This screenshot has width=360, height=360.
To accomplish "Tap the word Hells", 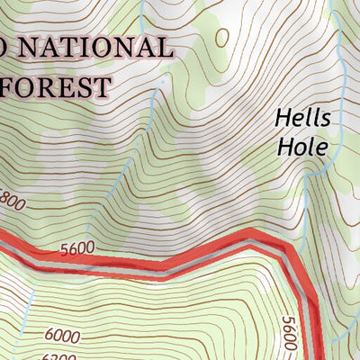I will tap(303, 118).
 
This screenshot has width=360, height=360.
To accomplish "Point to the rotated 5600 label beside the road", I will tap(288, 333).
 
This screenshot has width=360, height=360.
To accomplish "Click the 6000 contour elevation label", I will tap(61, 336).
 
